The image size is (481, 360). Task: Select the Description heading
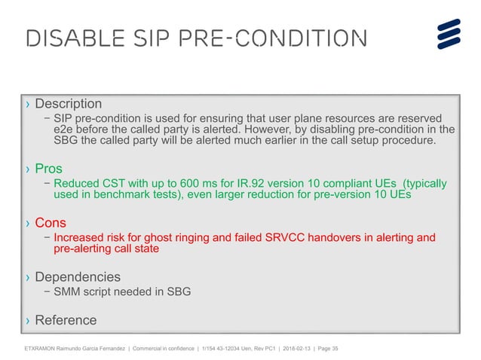point(69,103)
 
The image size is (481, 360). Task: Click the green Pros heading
point(49,169)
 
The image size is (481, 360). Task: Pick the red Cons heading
point(51,223)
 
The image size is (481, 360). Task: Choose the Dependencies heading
point(78,277)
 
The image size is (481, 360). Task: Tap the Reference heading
point(66,320)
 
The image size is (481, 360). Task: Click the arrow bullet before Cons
point(28,224)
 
